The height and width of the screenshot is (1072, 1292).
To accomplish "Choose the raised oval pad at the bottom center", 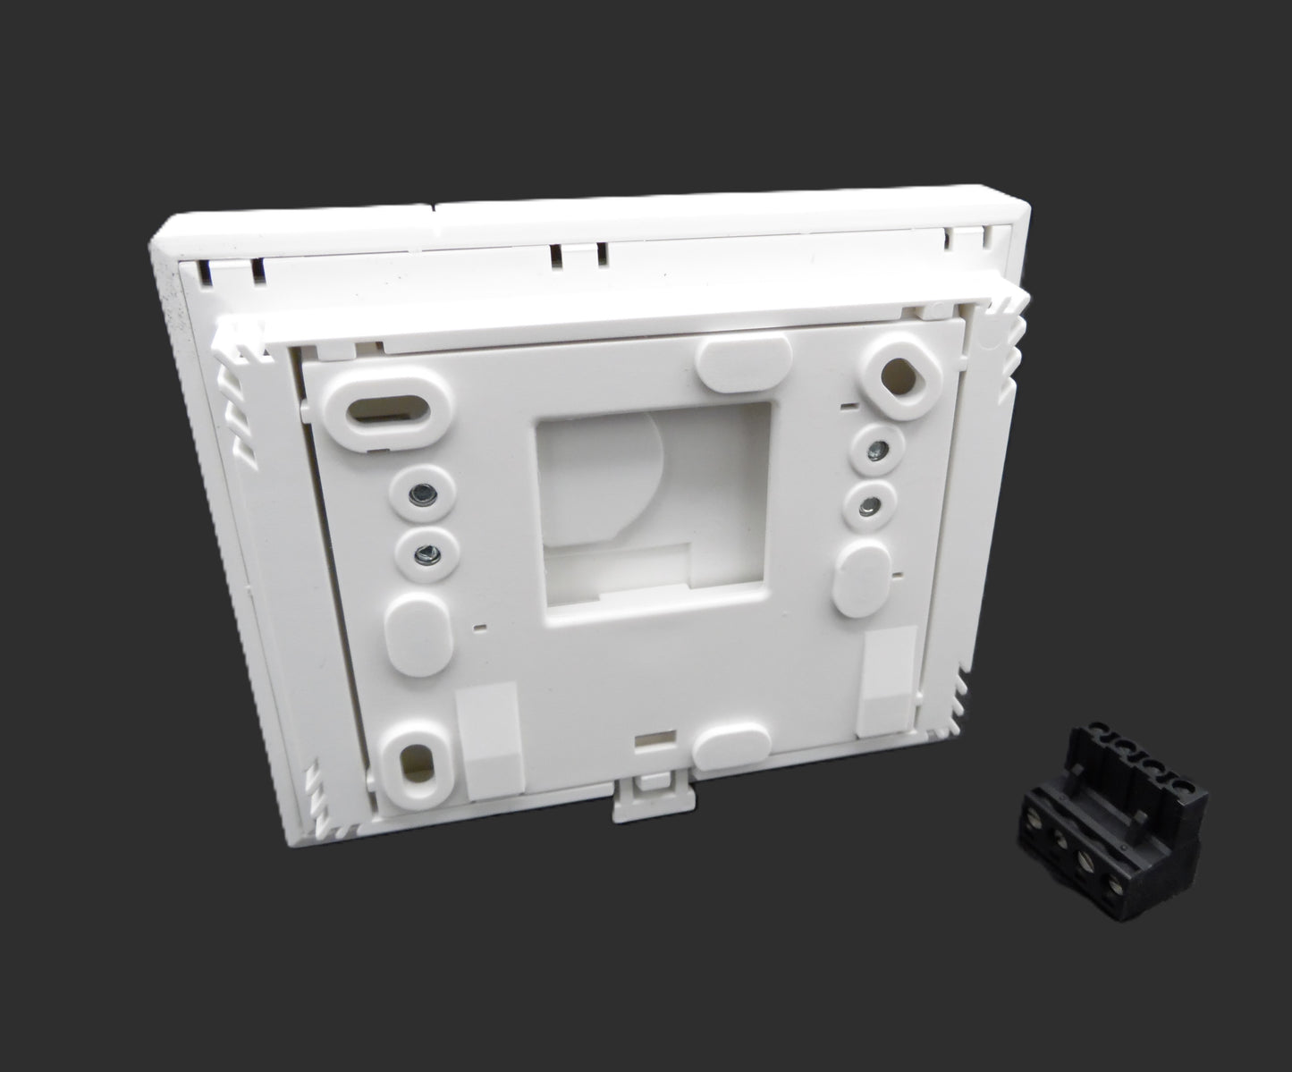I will coord(731,744).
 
